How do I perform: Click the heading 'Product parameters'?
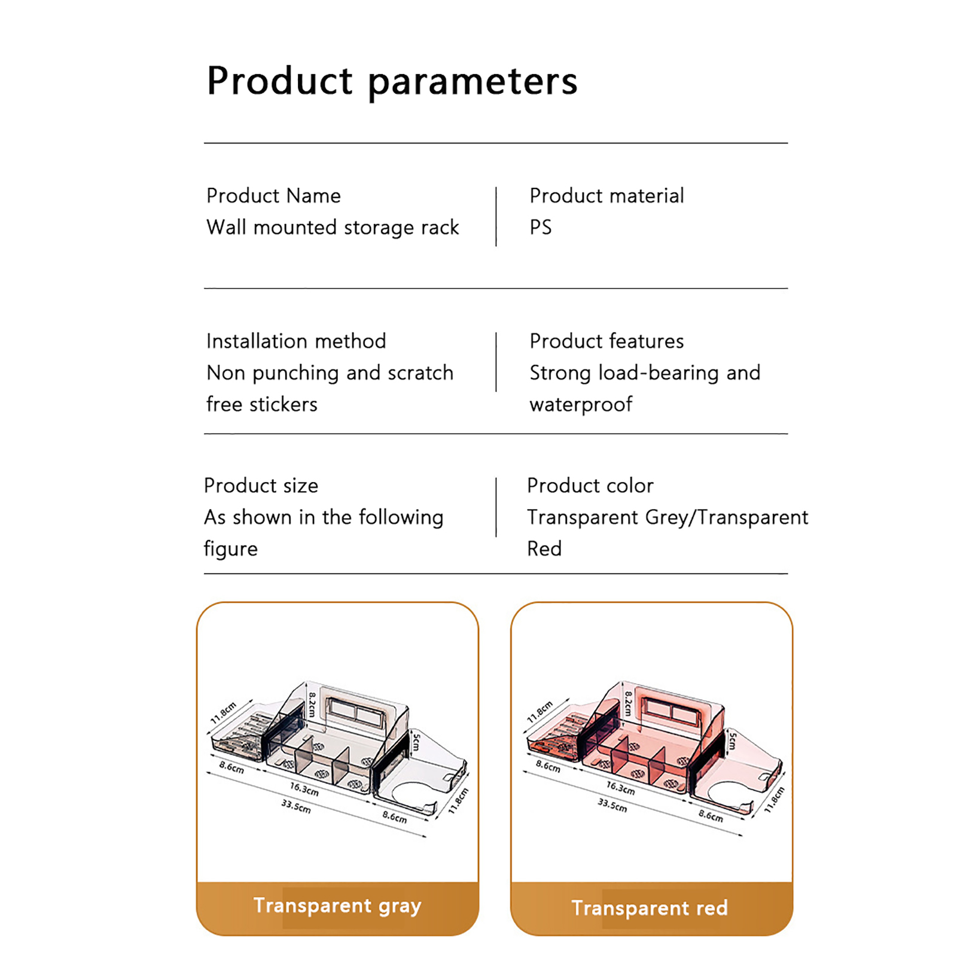tap(392, 81)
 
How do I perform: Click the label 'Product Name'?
tap(273, 196)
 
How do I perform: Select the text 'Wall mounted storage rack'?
tap(333, 227)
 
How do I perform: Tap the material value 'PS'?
tap(541, 227)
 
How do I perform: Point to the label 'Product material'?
tap(606, 196)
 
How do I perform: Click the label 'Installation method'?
tap(296, 341)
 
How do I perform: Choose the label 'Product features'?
tap(606, 341)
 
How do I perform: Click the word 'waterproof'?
tap(581, 405)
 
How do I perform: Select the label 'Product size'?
tap(261, 486)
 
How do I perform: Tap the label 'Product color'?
tap(590, 486)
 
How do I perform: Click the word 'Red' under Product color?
tap(544, 549)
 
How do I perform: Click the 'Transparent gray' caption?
tap(337, 906)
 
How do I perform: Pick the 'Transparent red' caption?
tap(650, 908)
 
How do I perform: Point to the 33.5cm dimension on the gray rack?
tap(296, 806)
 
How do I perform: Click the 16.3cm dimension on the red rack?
tap(620, 789)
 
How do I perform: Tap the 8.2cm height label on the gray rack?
tap(312, 704)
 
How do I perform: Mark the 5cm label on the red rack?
tap(732, 742)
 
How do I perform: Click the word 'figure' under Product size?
tap(231, 549)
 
